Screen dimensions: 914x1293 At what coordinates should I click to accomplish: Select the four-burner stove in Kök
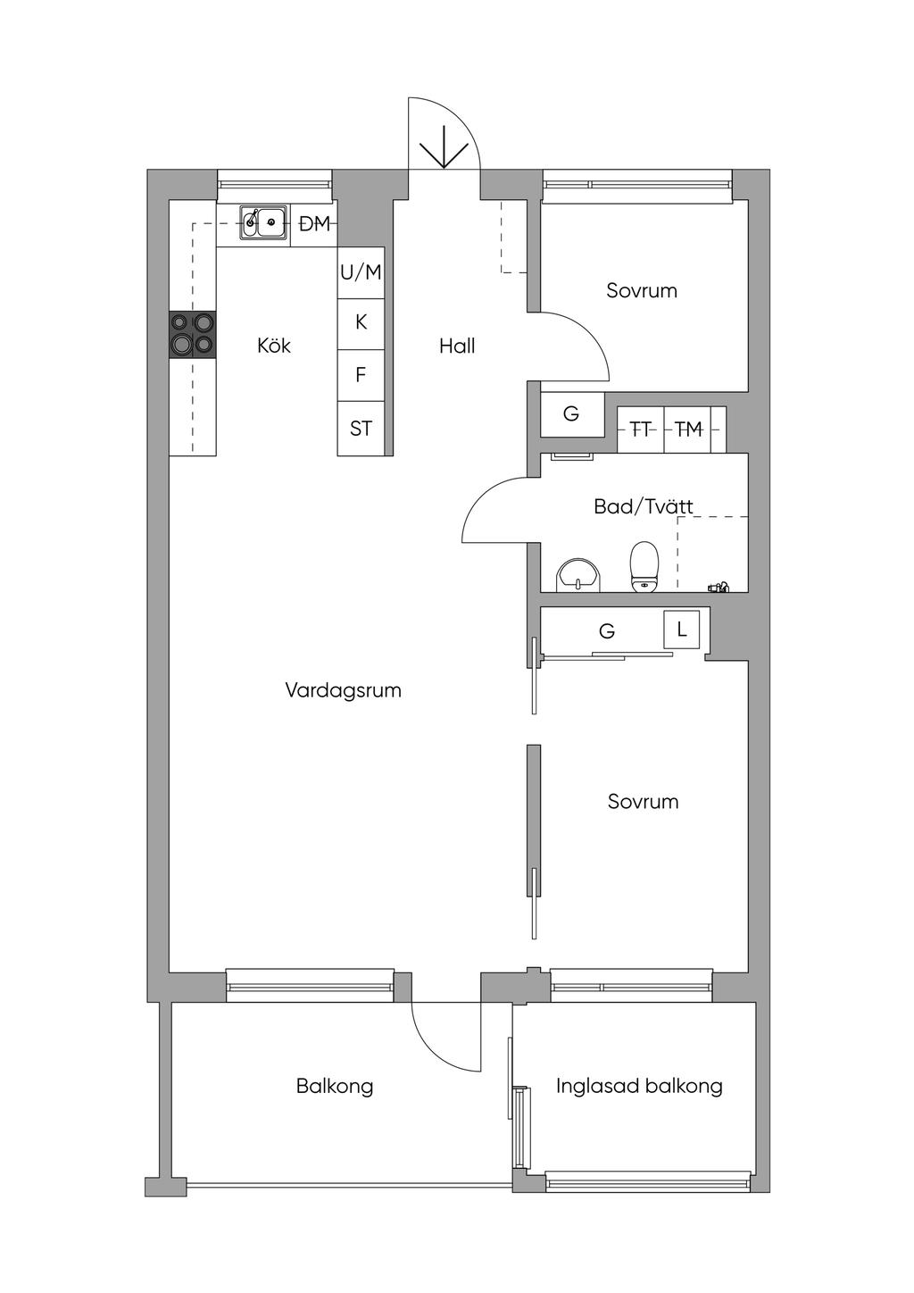193,335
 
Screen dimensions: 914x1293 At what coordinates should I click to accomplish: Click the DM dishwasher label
314,224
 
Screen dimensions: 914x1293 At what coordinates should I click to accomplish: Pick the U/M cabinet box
361,272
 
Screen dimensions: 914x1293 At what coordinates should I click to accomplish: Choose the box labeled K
361,324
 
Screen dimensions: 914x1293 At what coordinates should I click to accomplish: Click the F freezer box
361,375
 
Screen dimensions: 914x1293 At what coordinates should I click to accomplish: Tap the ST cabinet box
361,429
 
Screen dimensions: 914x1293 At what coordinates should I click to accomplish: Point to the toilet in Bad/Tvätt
644,567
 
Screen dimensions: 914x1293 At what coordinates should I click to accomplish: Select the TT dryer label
641,429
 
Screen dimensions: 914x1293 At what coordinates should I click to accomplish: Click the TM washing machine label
689,429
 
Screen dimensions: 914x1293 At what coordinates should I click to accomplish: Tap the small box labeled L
681,629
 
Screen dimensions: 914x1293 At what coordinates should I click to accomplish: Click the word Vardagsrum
344,690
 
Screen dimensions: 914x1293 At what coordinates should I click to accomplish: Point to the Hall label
457,346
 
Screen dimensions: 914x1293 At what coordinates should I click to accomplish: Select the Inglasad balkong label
639,1087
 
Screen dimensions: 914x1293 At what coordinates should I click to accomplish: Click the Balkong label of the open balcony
335,1087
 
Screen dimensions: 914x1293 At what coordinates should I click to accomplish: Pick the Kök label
274,346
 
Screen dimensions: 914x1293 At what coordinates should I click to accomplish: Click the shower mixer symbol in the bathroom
719,587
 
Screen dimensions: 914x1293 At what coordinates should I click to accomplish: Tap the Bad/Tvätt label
644,507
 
